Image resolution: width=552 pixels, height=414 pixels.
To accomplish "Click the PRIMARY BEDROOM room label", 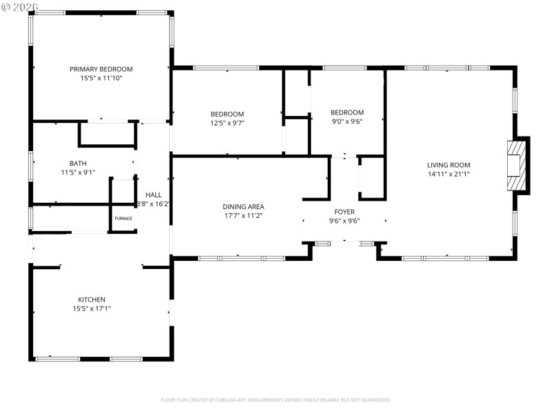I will coord(101,69).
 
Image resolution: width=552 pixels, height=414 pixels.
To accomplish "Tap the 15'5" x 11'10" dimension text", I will coord(101,79).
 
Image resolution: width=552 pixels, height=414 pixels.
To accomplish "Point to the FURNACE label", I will coord(124,218).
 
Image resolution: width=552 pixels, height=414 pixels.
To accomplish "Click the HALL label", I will coord(153,195).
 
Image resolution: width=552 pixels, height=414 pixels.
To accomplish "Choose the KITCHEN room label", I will coord(91,299).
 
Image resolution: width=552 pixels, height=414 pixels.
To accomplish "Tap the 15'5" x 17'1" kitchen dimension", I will coord(91,309).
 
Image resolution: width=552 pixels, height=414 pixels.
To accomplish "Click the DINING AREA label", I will coord(243,206).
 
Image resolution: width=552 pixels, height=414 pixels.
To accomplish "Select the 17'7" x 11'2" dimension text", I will coord(243,216).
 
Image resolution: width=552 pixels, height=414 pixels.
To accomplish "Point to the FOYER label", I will coord(344,212).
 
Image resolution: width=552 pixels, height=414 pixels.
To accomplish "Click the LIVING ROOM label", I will coord(448,165).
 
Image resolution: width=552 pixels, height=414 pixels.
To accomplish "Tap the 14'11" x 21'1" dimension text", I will coord(448,175).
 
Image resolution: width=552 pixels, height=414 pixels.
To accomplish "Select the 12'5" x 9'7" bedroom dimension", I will coord(227,124).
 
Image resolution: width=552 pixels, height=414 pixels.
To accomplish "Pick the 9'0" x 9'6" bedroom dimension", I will coord(346,122).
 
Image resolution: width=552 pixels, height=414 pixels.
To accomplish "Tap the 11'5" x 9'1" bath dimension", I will coord(77,173).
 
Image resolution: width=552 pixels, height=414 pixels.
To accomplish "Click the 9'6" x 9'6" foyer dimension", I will coord(344,221).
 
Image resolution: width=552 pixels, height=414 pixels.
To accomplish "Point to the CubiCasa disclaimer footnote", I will coord(276,400).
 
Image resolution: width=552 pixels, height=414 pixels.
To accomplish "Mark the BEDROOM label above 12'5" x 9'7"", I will coord(227,114).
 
